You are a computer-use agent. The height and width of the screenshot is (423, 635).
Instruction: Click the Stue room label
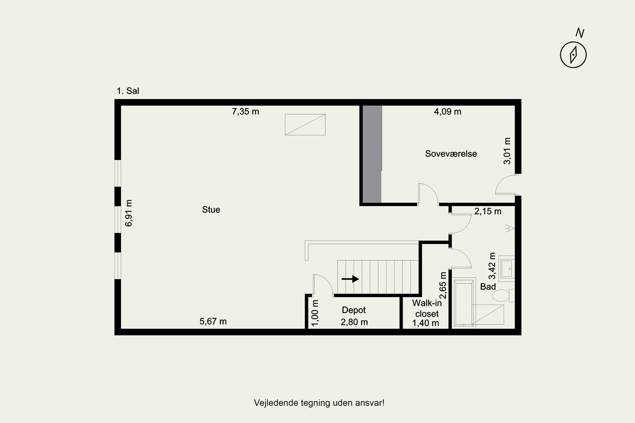coord(211,210)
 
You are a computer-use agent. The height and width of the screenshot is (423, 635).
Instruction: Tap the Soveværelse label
coord(451,154)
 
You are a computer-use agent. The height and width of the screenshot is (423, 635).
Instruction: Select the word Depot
coord(354,310)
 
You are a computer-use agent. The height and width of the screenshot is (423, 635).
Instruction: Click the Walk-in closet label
coord(427,308)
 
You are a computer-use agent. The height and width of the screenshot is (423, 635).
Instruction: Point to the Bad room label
coord(488,287)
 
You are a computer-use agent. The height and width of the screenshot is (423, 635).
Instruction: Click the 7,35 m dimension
coord(245,111)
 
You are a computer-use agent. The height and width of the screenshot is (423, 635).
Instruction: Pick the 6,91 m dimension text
coord(129,213)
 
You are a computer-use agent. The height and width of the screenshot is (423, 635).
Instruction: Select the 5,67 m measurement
coord(213,321)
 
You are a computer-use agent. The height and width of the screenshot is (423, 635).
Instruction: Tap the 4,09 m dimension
coord(448,111)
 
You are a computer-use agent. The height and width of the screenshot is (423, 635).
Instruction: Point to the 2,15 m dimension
coord(488,211)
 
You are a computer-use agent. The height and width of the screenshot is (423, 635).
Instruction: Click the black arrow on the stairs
coord(351,279)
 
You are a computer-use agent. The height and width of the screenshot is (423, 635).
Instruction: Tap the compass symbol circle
coord(573,55)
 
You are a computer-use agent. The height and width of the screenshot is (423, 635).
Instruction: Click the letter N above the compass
coord(580,33)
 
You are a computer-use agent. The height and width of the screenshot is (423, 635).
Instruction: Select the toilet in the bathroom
coord(503,295)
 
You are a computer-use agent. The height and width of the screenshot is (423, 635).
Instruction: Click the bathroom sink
coord(507,268)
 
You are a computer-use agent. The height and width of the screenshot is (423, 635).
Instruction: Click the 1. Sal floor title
coord(128,91)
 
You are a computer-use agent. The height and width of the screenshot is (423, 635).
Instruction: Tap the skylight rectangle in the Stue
coord(305,125)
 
